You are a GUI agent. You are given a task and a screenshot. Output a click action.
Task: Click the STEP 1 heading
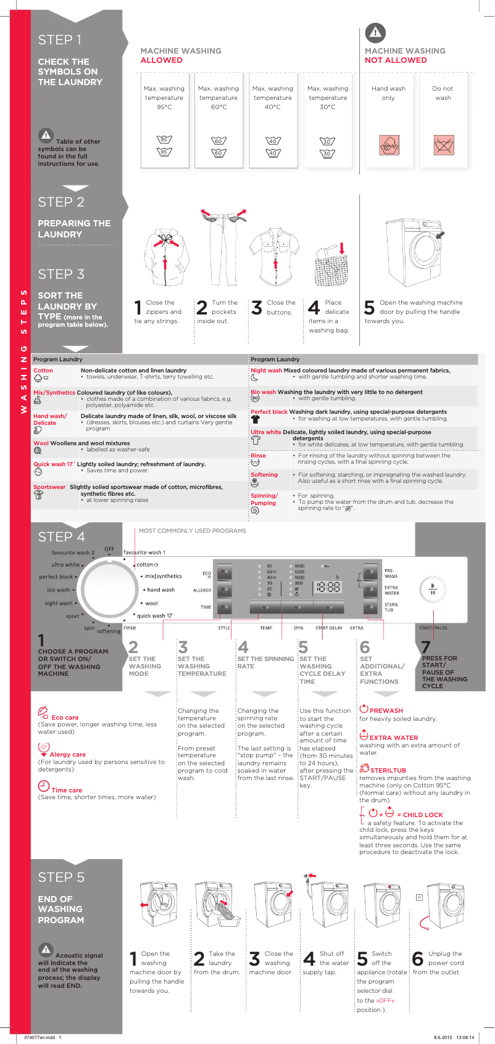click(x=60, y=40)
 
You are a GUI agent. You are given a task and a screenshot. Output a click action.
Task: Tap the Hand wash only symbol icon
click(x=388, y=146)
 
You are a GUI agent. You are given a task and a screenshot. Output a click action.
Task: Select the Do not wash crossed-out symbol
click(x=443, y=146)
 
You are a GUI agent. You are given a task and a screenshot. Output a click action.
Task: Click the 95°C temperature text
click(x=164, y=107)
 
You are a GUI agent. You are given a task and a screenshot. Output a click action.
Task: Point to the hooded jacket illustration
click(x=167, y=256)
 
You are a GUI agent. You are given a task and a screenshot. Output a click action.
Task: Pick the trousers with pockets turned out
click(x=223, y=250)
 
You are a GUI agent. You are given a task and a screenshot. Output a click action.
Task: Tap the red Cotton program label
click(x=43, y=371)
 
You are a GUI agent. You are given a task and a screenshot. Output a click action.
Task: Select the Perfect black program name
click(x=269, y=411)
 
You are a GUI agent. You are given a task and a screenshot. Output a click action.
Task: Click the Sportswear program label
click(x=49, y=487)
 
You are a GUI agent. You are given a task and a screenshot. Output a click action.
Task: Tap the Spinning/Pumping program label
click(x=264, y=499)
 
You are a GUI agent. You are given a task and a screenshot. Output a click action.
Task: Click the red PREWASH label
click(x=386, y=710)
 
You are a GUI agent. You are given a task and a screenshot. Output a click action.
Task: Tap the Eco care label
click(x=65, y=717)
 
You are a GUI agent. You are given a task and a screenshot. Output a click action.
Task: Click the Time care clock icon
click(x=44, y=786)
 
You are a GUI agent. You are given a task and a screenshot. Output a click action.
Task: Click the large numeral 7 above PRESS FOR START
click(x=426, y=647)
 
